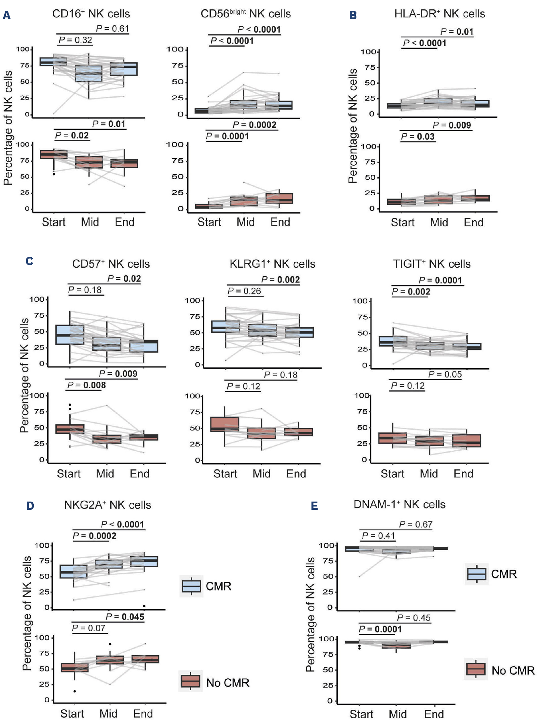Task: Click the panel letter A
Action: pyautogui.click(x=7, y=15)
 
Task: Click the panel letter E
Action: pyautogui.click(x=314, y=506)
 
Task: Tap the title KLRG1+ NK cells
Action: pyautogui.click(x=272, y=264)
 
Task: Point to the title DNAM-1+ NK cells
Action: pyautogui.click(x=399, y=505)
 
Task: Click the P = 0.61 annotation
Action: pyautogui.click(x=113, y=29)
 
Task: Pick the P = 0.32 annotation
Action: pyautogui.click(x=75, y=40)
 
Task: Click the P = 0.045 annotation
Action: pyautogui.click(x=125, y=617)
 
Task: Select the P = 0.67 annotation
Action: pyautogui.click(x=416, y=524)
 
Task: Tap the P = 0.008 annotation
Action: pyautogui.click(x=86, y=385)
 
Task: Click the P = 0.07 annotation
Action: pyautogui.click(x=89, y=628)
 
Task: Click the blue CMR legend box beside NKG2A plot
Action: pyautogui.click(x=191, y=586)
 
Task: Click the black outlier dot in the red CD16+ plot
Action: pyautogui.click(x=54, y=174)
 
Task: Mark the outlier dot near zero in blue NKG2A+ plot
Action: pyautogui.click(x=144, y=606)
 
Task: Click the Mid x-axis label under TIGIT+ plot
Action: pyautogui.click(x=429, y=474)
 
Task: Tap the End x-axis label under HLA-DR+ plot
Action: pyautogui.click(x=473, y=222)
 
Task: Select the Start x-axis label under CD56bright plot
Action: pyautogui.click(x=209, y=222)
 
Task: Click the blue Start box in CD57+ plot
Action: pyautogui.click(x=70, y=334)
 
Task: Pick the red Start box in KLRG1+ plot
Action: pyautogui.click(x=225, y=424)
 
